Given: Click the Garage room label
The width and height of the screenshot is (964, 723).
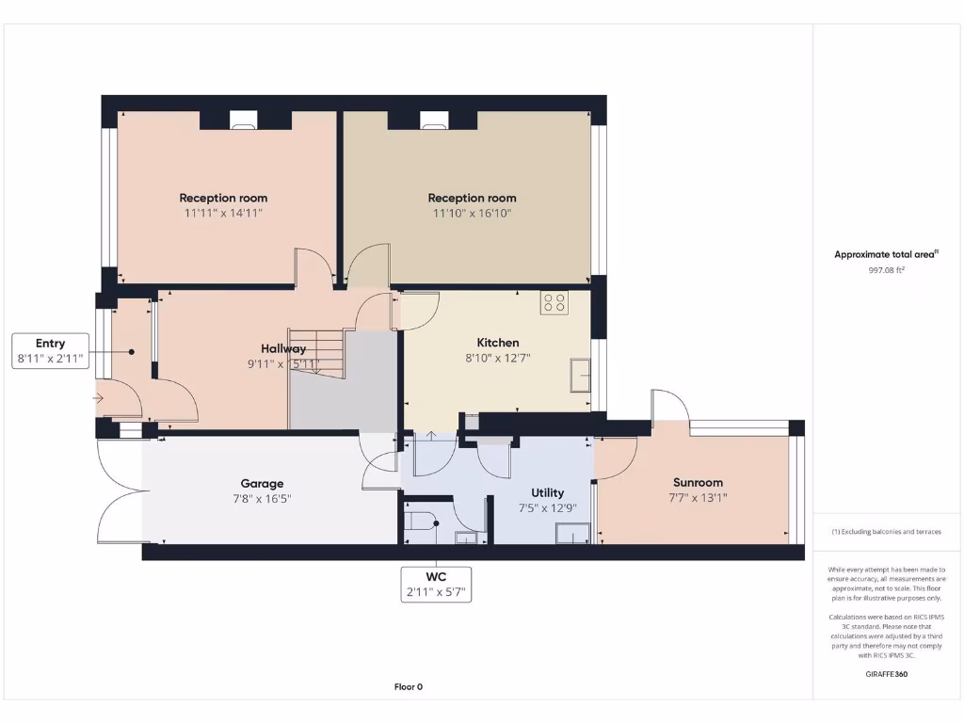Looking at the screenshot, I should pos(262,484).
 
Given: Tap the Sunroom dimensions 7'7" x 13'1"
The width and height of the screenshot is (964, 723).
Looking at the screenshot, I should pos(698,498).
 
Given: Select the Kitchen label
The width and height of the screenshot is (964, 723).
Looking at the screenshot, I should pos(497,343).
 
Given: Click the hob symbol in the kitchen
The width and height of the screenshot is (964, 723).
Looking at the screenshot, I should pos(554,302).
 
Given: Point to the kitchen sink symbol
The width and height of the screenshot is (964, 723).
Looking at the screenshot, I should pos(581,376).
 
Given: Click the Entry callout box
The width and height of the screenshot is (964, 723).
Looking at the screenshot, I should pos(51,350).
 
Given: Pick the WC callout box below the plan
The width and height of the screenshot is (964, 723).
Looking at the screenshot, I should pos(436,585).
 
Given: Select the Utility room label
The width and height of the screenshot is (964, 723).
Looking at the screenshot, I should pos(547,492).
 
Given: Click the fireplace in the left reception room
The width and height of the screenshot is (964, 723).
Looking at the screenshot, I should pos(244,119).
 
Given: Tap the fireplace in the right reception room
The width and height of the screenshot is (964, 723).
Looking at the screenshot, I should pos(434,119).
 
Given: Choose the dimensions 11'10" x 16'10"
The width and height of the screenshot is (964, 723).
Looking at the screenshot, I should pos(473,214).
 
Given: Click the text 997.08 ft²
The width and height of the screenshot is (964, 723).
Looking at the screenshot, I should pos(886,270).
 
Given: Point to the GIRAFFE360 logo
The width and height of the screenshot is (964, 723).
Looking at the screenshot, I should pos(886,674).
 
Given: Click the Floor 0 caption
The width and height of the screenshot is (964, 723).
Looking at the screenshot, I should pos(409,686).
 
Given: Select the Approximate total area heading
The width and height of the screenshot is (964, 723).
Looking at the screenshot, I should pos(886,254).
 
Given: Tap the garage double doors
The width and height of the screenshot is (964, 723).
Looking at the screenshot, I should pos(120,490).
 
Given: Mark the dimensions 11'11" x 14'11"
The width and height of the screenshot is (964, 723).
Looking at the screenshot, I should pos(223,214).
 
